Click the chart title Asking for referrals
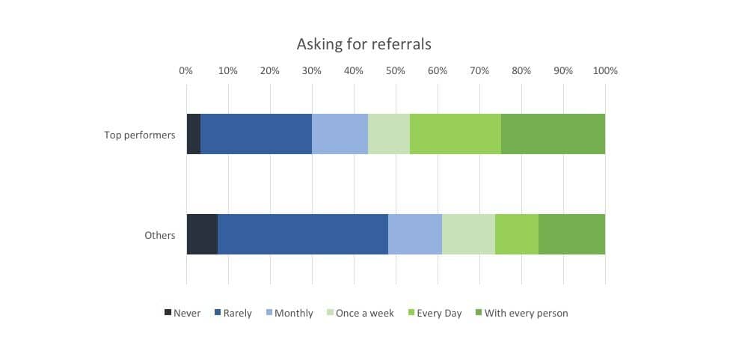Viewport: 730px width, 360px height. point(364,44)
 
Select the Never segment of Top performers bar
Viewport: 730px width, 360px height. point(193,134)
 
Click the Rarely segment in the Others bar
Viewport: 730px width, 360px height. point(302,234)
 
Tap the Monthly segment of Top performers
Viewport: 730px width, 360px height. point(340,134)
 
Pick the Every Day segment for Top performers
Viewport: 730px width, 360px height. point(455,134)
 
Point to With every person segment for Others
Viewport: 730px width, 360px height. point(571,234)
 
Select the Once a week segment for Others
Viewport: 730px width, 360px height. point(468,234)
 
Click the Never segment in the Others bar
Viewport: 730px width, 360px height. point(202,234)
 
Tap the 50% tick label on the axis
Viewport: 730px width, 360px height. point(396,71)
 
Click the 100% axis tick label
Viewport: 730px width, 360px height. point(605,71)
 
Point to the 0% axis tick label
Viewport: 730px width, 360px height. point(186,71)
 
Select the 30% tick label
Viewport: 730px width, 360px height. point(312,71)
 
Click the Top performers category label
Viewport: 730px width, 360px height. point(140,135)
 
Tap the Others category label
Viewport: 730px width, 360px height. point(160,236)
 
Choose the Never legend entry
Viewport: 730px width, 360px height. point(182,313)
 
